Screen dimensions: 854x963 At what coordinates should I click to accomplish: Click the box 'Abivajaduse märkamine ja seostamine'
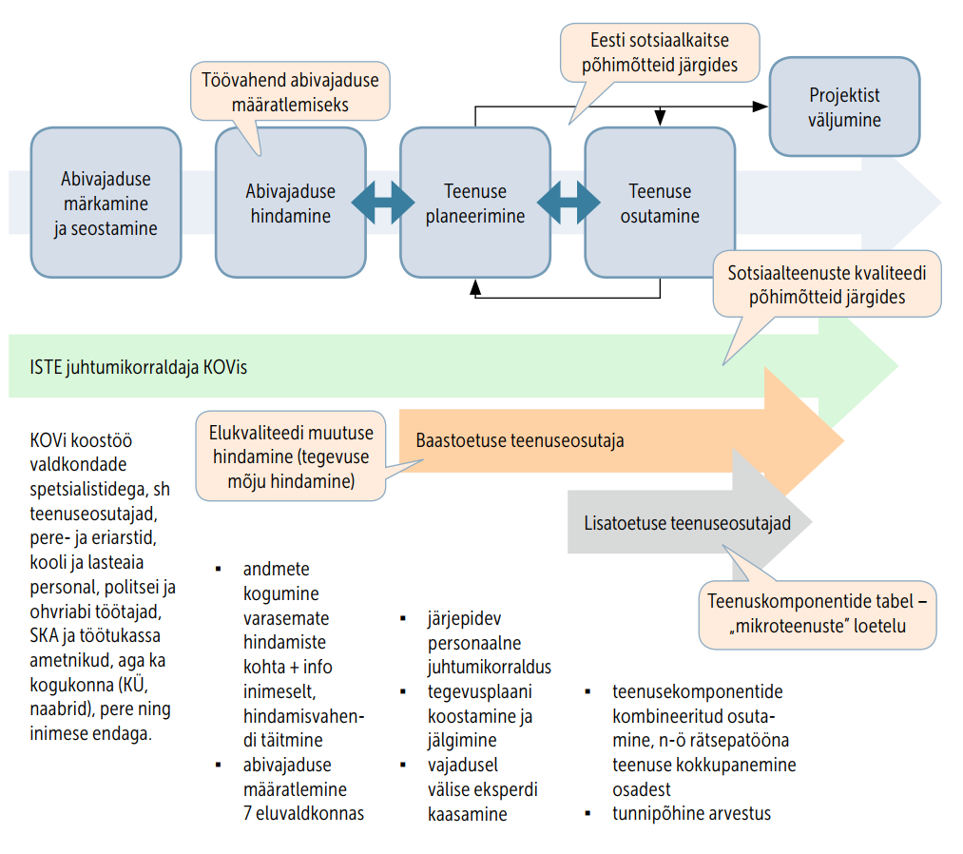pos(106,204)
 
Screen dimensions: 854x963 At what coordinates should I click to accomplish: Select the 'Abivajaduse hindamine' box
pos(291,204)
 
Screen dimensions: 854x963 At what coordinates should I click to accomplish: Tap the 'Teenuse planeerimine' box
pos(475,204)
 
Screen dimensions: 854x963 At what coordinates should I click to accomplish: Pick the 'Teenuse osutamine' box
pos(660,204)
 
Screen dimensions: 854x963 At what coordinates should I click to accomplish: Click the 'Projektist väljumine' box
pos(844,107)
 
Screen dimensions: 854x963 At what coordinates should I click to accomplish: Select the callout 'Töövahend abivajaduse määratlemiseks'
pos(290,92)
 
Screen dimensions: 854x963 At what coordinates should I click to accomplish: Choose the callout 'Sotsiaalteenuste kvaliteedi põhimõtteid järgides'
pos(827,283)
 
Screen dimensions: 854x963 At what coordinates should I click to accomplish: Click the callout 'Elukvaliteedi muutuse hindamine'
pos(291,456)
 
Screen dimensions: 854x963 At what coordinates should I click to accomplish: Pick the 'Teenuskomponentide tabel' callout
pos(818,613)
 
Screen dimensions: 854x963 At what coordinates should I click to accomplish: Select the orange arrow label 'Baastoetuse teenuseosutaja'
pos(520,440)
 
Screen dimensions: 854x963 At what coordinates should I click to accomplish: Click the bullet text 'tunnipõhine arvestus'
pos(691,814)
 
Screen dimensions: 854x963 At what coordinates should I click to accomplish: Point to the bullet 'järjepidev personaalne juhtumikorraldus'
pos(489,642)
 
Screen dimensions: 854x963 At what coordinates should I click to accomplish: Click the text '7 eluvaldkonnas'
pos(303,813)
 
